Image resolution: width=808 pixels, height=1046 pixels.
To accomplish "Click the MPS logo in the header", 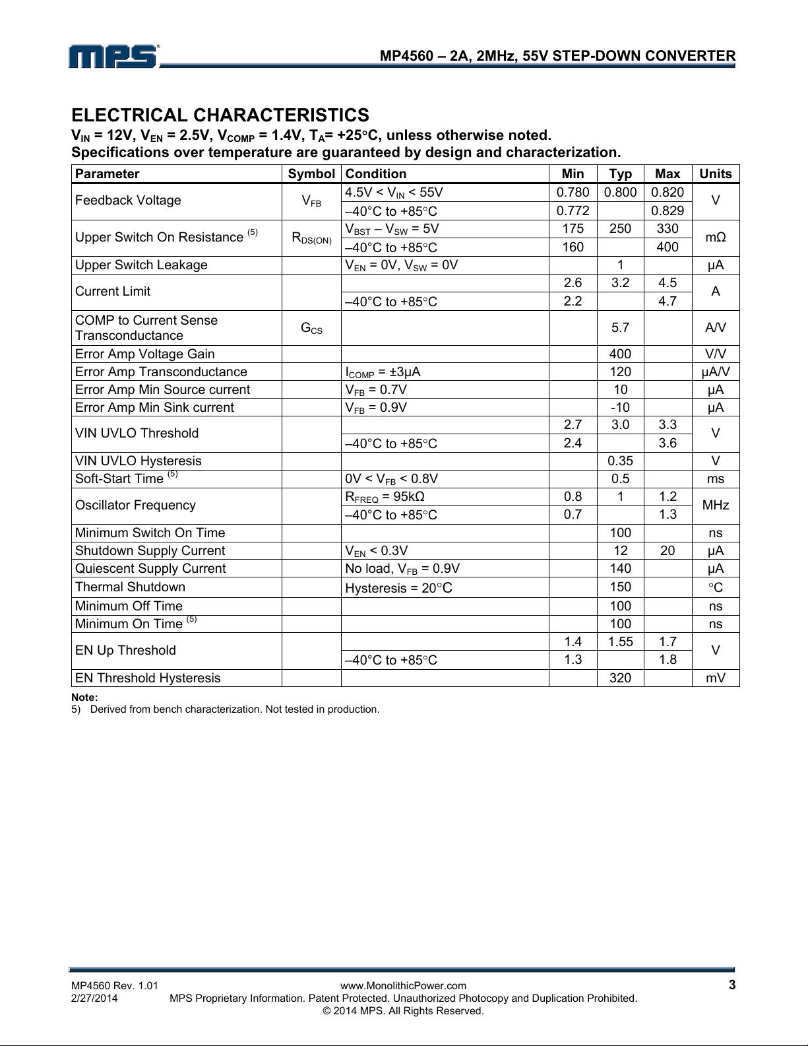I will [113, 56].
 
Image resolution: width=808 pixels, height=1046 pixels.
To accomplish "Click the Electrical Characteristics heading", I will [220, 115].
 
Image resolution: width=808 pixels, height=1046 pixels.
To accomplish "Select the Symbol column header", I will [311, 174].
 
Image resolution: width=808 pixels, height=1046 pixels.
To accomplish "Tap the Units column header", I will [715, 174].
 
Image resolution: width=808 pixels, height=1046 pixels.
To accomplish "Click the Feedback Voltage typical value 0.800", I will [620, 192].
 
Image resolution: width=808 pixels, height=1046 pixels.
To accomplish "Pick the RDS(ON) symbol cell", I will [311, 238].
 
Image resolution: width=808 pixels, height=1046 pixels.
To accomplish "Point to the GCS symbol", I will [311, 327].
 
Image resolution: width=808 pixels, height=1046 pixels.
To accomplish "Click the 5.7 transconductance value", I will [620, 327].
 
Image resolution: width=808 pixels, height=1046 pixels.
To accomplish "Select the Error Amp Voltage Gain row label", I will [144, 354].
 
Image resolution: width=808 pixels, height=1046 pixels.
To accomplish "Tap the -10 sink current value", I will [620, 407].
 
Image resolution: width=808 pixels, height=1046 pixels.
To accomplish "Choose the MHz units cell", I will [715, 506].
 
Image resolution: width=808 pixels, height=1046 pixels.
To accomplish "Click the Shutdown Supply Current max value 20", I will [668, 550].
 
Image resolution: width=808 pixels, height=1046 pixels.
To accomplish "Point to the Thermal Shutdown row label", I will [130, 587].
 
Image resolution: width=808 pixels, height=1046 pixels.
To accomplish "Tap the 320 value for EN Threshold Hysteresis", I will [620, 678].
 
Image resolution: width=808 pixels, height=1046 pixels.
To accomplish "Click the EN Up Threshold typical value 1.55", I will [620, 641].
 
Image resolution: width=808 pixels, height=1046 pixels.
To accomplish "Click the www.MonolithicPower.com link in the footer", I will [403, 986].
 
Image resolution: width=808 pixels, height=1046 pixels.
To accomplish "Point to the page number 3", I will [731, 985].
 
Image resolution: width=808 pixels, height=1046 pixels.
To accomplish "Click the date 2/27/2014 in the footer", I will [94, 998].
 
